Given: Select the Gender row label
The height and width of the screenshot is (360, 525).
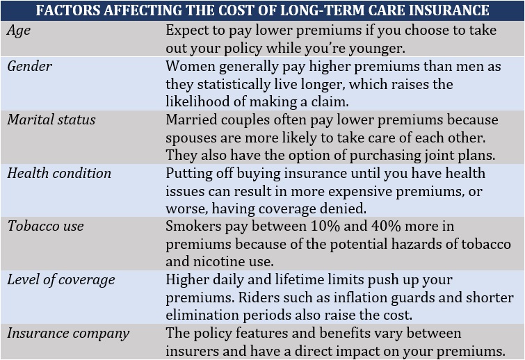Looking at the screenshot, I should tap(30, 66).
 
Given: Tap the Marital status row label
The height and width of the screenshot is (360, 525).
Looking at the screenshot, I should tap(51, 120).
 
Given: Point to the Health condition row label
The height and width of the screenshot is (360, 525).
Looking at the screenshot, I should tap(59, 173).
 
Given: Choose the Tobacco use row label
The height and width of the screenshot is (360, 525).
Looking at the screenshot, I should tap(46, 226).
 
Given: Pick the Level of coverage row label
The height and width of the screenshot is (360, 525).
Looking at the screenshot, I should tap(61, 279).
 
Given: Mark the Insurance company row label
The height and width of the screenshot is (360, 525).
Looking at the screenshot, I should tap(68, 333).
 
